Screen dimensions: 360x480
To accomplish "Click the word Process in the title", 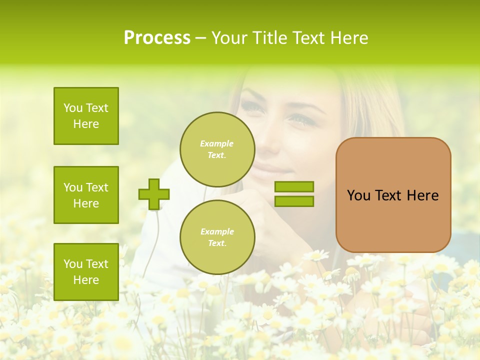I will (157, 38).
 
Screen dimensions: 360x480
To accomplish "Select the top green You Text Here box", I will (86, 116).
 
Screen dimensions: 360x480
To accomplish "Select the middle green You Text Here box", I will (86, 195).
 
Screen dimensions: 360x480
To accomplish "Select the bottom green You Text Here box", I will (86, 271).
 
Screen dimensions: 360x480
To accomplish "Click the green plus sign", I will (154, 194).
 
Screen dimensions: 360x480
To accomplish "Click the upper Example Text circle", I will (217, 149).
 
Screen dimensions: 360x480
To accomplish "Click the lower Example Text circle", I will (217, 237).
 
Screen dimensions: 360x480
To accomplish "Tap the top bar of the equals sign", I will (294, 187).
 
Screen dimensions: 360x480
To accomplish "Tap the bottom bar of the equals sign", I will (294, 201).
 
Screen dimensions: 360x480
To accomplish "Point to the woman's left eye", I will (302, 119).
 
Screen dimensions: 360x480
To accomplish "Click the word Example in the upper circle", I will (217, 143).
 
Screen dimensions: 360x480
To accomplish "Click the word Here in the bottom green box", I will (86, 280).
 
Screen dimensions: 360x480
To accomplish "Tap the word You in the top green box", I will (72, 108).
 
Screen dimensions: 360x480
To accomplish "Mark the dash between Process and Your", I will (200, 38).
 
